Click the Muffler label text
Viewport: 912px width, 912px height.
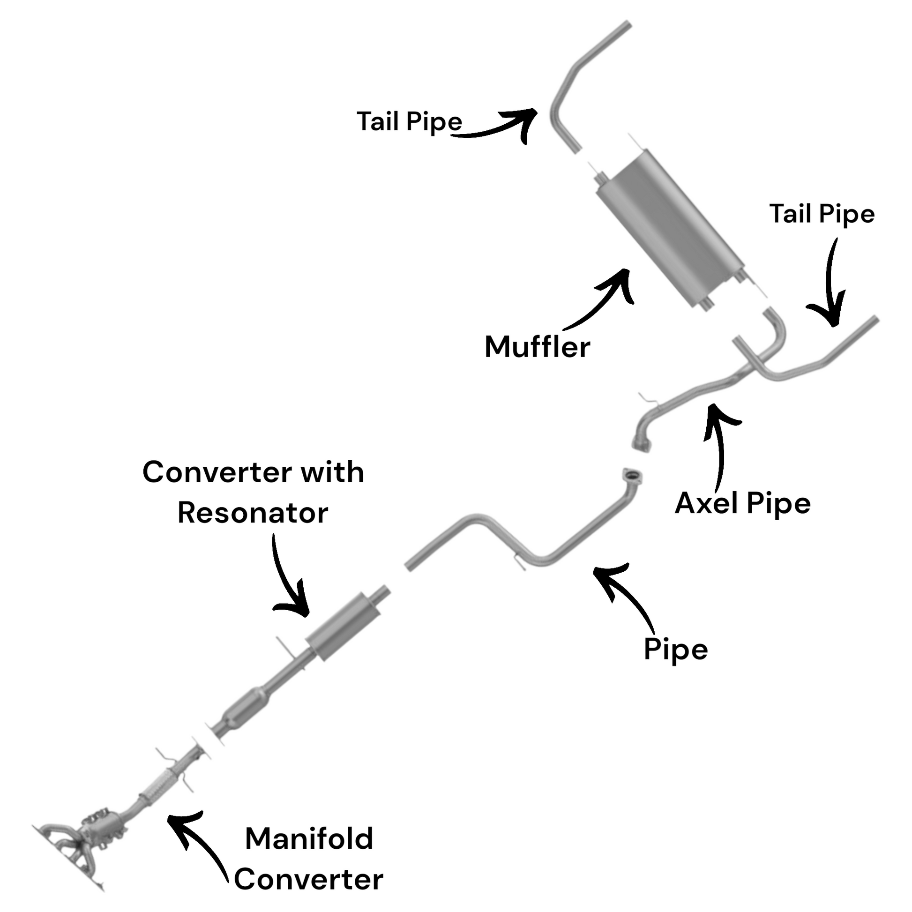click(537, 347)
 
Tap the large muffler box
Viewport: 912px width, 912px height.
click(670, 229)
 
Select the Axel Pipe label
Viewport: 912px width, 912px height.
click(742, 503)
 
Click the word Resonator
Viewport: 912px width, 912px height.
click(253, 513)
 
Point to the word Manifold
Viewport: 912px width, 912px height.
click(309, 839)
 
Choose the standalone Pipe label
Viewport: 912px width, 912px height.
click(675, 650)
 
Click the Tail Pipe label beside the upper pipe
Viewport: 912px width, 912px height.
click(409, 121)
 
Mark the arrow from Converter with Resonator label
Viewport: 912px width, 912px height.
click(288, 581)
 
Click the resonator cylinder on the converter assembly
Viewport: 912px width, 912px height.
click(344, 627)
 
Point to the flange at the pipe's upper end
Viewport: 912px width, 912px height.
click(632, 476)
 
